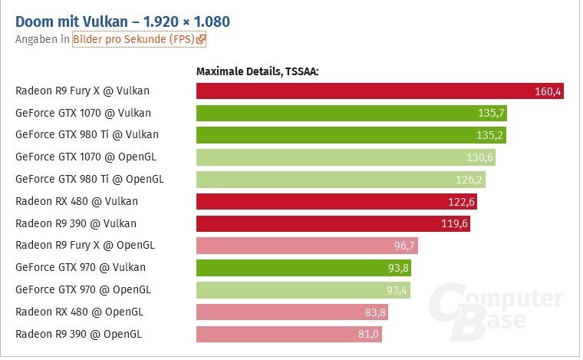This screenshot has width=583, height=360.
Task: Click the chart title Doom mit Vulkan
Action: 123,20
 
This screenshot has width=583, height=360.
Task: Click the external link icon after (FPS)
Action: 201,38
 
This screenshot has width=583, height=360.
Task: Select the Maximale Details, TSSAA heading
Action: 257,71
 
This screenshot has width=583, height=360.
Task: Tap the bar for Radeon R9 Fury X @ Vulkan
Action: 380,91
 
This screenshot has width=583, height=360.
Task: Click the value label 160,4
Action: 548,92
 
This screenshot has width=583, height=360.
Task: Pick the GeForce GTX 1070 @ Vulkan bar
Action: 351,114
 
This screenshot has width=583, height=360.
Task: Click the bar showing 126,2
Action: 341,180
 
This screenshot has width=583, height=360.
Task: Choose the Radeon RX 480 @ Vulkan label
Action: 77,201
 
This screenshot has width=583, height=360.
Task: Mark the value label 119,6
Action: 453,224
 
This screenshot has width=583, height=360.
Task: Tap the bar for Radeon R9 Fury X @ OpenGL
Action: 307,246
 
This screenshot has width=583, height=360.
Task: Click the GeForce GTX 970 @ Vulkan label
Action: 81,267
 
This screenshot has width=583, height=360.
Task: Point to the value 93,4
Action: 394,290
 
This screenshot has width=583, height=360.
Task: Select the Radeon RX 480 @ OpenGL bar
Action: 291,312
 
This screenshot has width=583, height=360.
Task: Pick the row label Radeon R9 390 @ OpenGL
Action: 78,334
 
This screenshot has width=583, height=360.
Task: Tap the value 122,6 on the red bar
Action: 460,202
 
